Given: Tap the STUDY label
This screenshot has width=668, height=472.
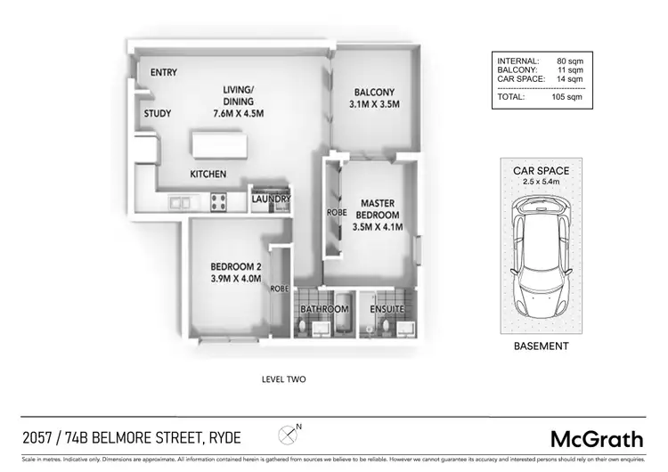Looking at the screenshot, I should [x=158, y=114].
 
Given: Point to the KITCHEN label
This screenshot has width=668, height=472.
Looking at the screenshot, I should [x=208, y=174].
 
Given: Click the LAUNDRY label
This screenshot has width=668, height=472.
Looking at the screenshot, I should [x=272, y=199].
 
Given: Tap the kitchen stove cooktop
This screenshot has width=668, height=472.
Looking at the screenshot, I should [x=218, y=201].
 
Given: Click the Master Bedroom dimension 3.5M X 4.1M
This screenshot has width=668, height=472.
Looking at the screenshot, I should [x=377, y=227].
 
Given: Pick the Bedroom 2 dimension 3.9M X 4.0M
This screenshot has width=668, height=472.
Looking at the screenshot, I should [x=236, y=279].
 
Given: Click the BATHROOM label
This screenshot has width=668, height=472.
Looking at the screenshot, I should [x=323, y=309].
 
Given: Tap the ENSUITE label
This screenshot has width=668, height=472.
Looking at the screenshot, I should [x=387, y=309].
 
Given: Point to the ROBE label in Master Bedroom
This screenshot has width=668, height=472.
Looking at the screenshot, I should [x=337, y=214].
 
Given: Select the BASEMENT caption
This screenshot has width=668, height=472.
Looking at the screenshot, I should [x=541, y=346].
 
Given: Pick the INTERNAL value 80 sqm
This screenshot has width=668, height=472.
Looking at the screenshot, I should [x=569, y=61].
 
